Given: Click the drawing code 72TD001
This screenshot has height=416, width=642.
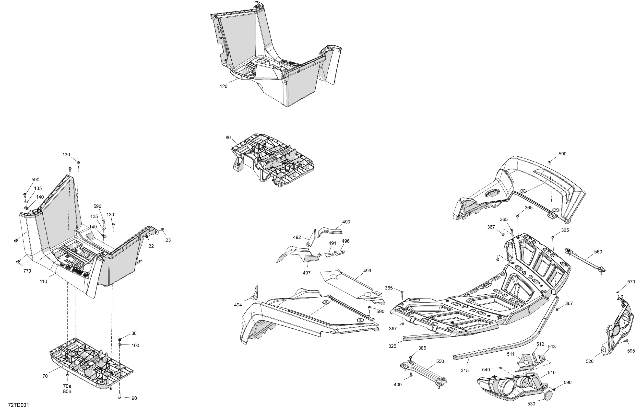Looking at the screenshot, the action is [18, 405].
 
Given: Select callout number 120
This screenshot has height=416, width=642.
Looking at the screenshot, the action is [223, 87].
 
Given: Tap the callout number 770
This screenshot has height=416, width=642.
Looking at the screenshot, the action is [27, 271].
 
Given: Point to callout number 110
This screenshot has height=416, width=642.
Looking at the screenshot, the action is [43, 281].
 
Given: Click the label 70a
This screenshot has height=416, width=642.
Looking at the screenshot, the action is [67, 386].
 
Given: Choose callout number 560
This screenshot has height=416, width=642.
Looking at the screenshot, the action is [598, 252].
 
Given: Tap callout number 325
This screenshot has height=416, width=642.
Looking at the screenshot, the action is [392, 346].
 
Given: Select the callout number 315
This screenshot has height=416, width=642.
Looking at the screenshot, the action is [464, 371].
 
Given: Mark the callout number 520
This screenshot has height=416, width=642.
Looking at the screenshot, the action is [590, 361].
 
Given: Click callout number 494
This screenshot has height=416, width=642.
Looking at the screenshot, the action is [238, 305].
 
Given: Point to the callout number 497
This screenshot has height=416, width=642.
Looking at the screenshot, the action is [307, 273].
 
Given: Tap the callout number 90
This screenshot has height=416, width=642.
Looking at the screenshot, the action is [134, 398].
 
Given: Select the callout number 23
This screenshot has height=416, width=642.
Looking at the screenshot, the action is [168, 240].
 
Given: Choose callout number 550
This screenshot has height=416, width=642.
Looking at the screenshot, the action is [440, 361].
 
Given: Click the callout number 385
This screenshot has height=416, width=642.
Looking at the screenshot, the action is [422, 348].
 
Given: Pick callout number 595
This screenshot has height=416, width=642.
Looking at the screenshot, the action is [631, 351].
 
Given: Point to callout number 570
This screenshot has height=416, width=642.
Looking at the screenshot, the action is [631, 282].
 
